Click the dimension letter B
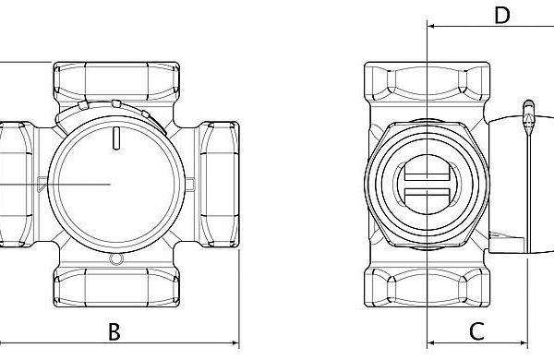(x=114, y=331)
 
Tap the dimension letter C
(x=476, y=331)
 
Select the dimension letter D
(x=502, y=16)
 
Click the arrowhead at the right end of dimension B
(x=235, y=342)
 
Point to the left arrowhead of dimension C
(x=431, y=342)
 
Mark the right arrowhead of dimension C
(x=524, y=342)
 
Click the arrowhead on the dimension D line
(x=431, y=26)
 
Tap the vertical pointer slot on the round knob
(x=116, y=138)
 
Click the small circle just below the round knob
(x=116, y=259)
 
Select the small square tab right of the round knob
(x=189, y=185)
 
